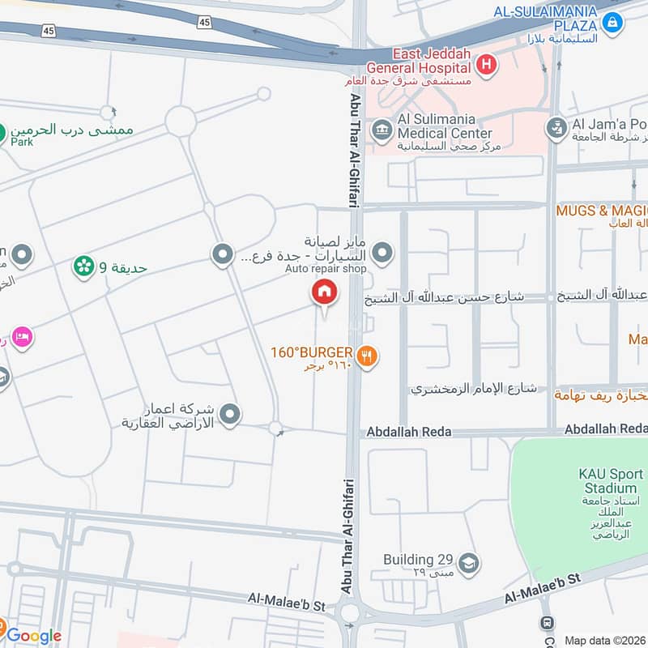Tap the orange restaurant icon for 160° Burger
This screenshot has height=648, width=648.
[367, 355]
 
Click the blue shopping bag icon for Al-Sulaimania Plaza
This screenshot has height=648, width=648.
[613, 20]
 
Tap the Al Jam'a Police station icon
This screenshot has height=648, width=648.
[556, 126]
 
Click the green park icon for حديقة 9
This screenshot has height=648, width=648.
[83, 266]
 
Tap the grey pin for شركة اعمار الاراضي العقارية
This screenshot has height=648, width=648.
[231, 416]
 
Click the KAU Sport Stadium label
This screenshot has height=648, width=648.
[607, 480]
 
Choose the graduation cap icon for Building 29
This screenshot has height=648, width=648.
[468, 561]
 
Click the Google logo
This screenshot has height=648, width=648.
[34, 636]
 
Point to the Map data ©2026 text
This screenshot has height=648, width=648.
[604, 640]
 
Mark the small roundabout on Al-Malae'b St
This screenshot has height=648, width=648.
[350, 612]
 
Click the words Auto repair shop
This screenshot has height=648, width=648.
[326, 268]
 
